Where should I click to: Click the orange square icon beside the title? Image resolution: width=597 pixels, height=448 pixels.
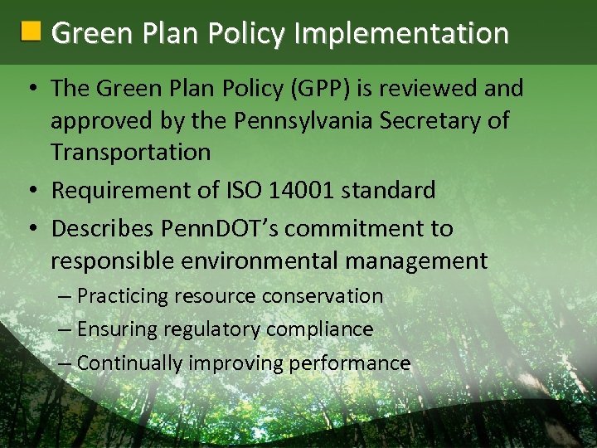tap(31, 32)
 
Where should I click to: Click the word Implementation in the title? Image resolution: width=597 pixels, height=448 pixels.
tap(400, 33)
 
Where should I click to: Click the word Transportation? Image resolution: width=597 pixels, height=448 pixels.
tap(130, 153)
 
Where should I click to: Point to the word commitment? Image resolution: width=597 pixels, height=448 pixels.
tap(361, 228)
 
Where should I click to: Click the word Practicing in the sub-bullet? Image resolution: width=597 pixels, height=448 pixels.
tap(124, 296)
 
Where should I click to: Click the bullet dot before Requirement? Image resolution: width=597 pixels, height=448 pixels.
tap(33, 191)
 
